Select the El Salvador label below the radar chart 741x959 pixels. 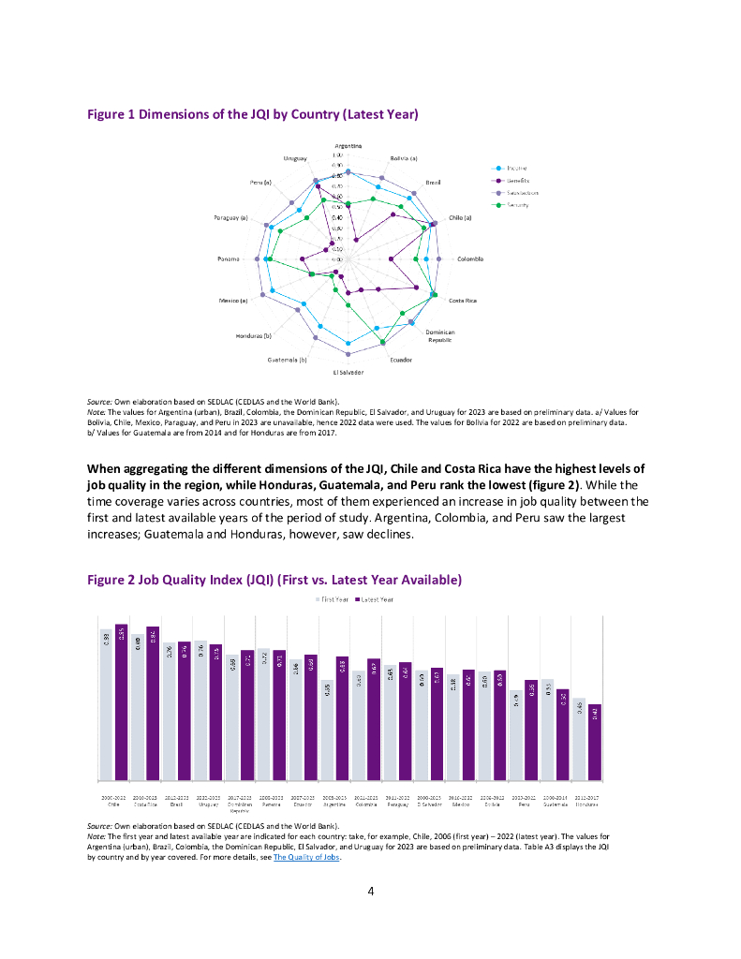(x=348, y=372)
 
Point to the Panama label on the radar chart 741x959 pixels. (x=229, y=258)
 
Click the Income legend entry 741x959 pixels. (x=518, y=167)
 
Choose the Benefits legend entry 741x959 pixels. (x=518, y=180)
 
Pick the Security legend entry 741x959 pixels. (x=518, y=204)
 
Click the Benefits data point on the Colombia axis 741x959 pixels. (x=415, y=258)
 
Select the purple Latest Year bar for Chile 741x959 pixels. (x=121, y=702)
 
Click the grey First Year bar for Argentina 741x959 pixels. (x=327, y=730)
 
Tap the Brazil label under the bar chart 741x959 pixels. (x=175, y=804)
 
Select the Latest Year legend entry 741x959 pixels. (x=375, y=598)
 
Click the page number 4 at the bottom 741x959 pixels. (x=371, y=891)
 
